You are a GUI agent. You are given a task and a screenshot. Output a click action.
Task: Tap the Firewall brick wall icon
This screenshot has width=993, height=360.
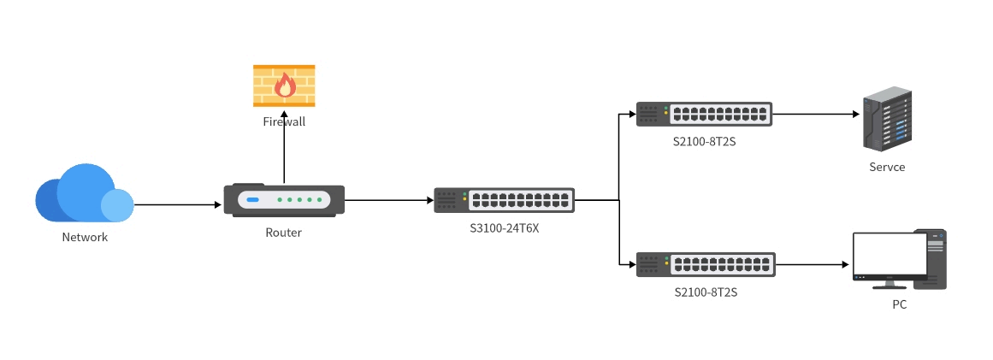284,86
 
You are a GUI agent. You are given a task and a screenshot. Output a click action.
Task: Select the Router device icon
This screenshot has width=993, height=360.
284,200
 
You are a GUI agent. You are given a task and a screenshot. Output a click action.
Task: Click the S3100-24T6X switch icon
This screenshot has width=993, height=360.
504,200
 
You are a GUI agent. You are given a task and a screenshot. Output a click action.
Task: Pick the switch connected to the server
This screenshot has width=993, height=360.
704,114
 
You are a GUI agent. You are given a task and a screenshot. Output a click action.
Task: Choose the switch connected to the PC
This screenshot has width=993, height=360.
706,264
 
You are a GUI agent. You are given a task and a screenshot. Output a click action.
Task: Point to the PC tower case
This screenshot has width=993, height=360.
936,258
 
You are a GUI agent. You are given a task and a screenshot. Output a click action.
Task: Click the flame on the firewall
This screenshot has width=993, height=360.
284,85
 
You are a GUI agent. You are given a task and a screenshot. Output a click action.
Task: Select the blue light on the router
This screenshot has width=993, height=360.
252,200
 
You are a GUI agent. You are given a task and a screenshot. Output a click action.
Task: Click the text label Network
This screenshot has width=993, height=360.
85,237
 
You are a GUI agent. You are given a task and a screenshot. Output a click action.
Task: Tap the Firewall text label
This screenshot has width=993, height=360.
284,122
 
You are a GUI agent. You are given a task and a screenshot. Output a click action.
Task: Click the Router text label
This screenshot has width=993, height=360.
283,232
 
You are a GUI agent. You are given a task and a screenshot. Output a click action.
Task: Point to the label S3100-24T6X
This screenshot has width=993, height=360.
504,227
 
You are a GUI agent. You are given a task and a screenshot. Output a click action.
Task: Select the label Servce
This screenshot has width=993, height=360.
885,167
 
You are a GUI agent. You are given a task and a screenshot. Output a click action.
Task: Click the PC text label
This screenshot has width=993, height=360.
899,304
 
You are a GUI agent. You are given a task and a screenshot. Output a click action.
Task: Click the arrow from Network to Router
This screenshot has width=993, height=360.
177,204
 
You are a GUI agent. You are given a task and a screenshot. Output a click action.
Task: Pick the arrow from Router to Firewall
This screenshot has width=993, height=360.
284,158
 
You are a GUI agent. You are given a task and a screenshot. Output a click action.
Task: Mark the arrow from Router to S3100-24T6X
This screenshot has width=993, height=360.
389,200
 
